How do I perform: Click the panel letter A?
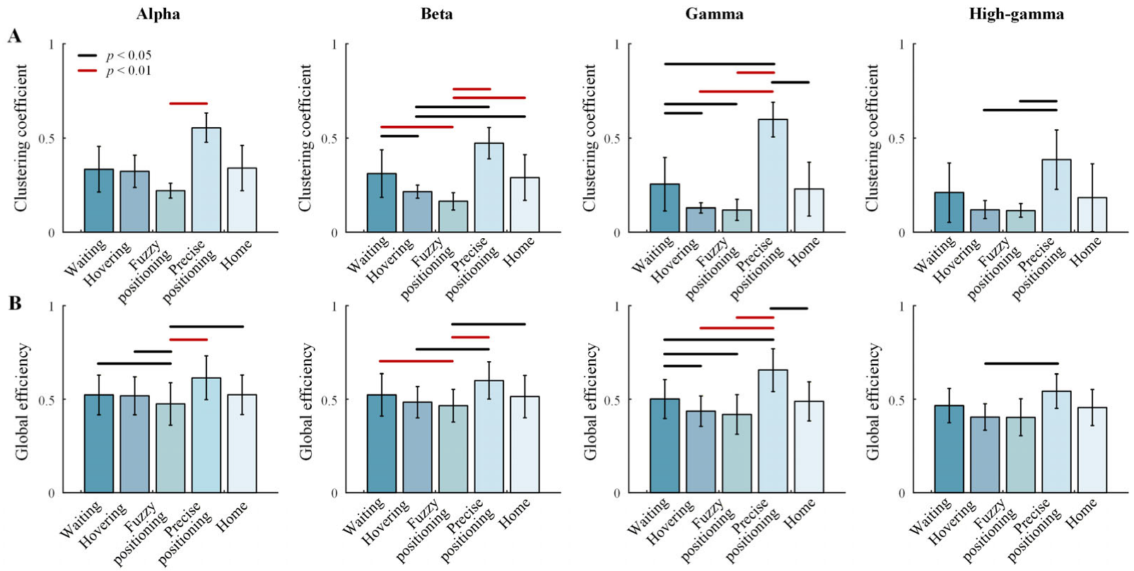click(14, 37)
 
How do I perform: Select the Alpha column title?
click(158, 13)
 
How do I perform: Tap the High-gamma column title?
click(1016, 14)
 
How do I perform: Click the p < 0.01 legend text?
click(129, 71)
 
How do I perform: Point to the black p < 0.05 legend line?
click(87, 55)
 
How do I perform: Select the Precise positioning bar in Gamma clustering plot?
click(773, 176)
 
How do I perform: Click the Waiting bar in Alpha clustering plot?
click(99, 201)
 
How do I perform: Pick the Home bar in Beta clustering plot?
click(525, 204)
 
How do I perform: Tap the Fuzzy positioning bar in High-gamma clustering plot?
click(1021, 221)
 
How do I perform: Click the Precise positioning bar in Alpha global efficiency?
click(206, 435)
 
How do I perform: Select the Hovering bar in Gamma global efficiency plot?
click(701, 452)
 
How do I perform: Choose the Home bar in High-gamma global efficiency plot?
click(1092, 450)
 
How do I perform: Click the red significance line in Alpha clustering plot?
click(188, 103)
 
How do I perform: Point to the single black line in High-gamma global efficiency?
click(1021, 363)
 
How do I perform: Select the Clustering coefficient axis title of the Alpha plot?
click(21, 138)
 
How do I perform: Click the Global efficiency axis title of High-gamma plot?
click(872, 401)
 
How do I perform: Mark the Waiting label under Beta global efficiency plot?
click(362, 517)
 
